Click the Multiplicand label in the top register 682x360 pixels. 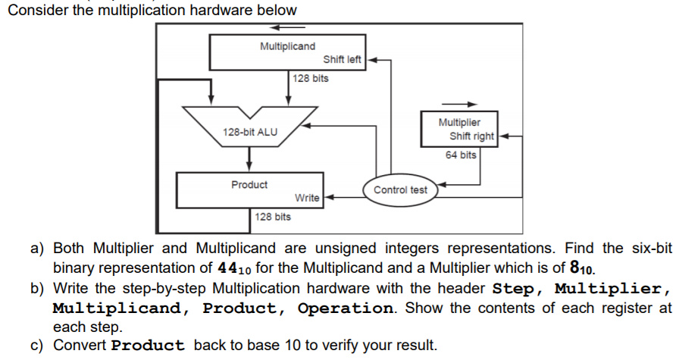(x=287, y=46)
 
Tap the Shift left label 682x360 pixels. (x=343, y=59)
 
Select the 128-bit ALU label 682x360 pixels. (x=249, y=132)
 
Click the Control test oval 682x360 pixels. (x=400, y=189)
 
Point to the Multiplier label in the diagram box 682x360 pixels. (x=458, y=122)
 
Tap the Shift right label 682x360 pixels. (x=471, y=136)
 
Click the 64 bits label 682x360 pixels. (x=461, y=155)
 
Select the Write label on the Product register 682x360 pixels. (x=306, y=198)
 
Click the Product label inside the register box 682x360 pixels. (x=249, y=184)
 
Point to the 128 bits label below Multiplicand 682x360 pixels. (x=311, y=79)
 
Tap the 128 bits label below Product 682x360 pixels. (x=272, y=218)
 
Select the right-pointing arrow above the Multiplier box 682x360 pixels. (x=460, y=105)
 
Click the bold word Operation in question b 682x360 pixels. (x=346, y=308)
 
